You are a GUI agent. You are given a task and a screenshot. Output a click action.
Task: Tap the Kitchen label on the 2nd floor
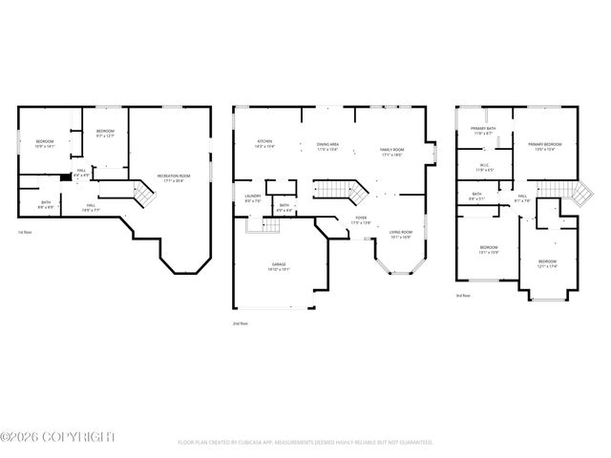(x=264, y=144)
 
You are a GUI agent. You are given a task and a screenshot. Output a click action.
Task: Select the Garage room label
(x=280, y=267)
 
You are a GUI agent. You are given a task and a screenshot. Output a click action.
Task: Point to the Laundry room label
(x=253, y=198)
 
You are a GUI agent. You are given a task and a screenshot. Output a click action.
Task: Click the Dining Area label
(x=328, y=148)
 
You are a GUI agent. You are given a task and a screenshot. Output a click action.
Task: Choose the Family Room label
(x=392, y=152)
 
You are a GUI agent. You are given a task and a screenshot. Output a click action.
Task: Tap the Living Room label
(x=399, y=234)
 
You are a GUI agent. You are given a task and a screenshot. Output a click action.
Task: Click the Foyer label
(x=361, y=220)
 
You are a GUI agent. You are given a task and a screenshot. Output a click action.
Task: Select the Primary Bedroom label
(x=545, y=146)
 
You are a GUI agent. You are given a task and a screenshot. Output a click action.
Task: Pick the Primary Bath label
(x=483, y=131)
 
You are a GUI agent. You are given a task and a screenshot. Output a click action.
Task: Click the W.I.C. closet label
(x=484, y=168)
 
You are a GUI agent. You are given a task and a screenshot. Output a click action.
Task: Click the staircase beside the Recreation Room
(x=142, y=196)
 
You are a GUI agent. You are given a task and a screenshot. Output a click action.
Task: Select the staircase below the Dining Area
(x=340, y=189)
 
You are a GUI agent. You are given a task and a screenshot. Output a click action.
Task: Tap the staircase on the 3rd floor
(x=579, y=197)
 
